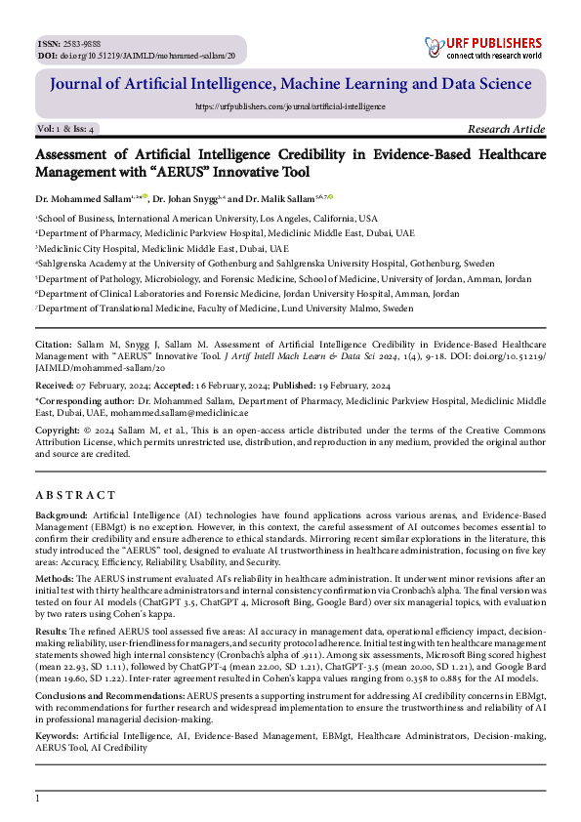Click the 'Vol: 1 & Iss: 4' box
66,129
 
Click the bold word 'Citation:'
53,346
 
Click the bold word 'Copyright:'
57,429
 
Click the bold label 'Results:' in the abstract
54,632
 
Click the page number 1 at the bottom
37,800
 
